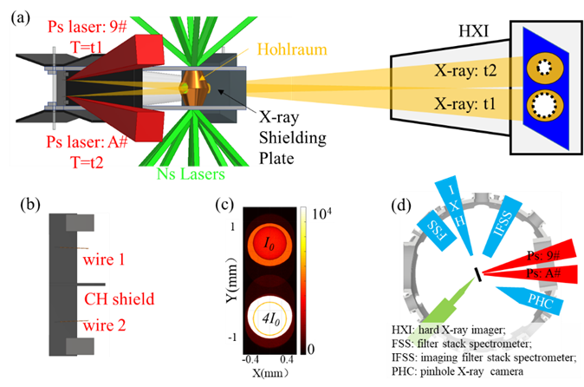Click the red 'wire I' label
[x=107, y=259]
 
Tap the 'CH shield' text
[x=119, y=299]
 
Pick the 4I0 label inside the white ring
[x=267, y=317]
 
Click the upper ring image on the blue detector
[x=545, y=66]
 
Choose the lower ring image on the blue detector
[x=545, y=108]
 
